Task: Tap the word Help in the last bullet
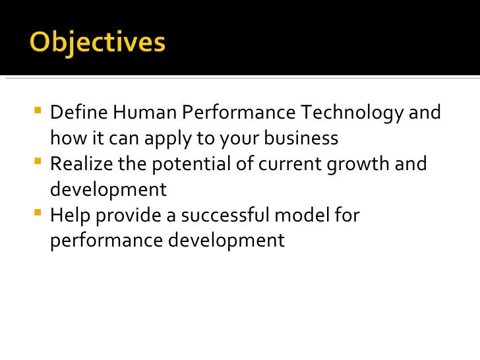69,216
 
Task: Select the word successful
227,216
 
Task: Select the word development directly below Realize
108,190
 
